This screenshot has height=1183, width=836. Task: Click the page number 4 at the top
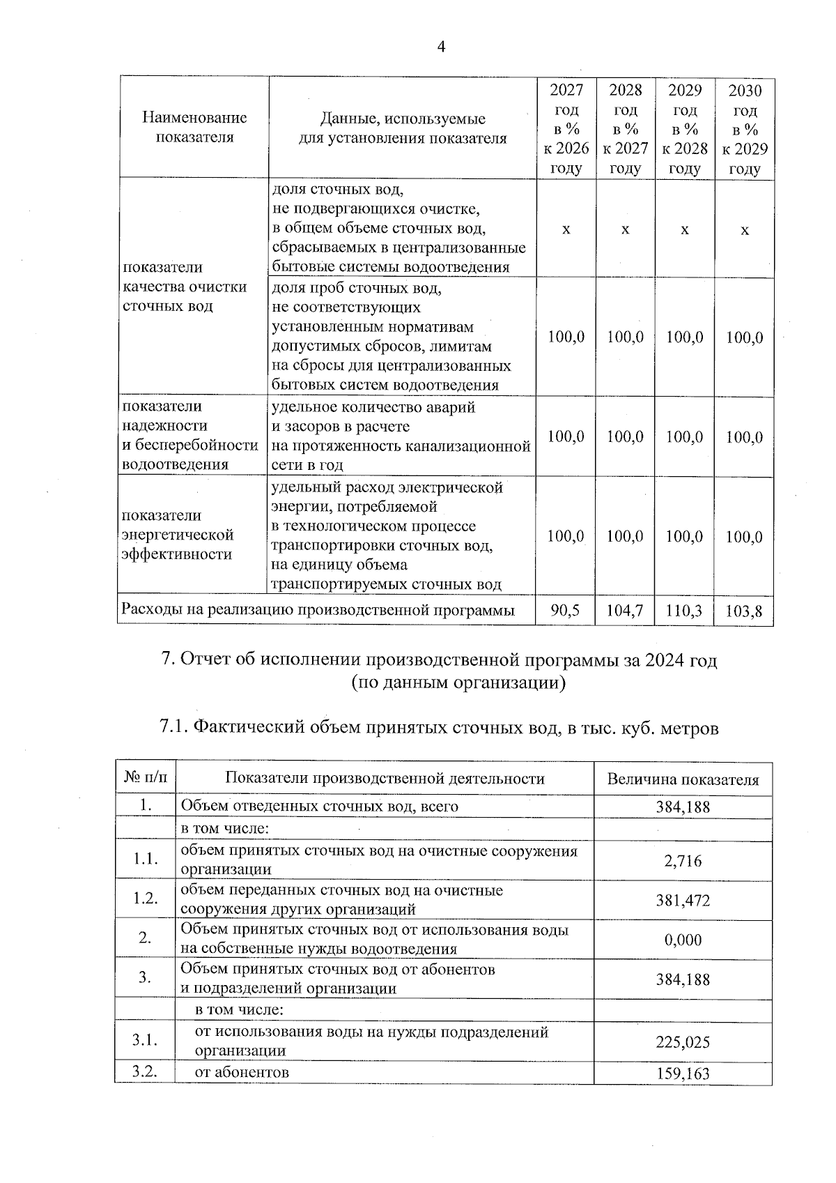click(x=440, y=47)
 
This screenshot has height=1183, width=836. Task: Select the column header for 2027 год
click(x=566, y=129)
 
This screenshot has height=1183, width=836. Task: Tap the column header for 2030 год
click(x=744, y=129)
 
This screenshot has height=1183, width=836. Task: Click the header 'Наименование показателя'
click(x=194, y=128)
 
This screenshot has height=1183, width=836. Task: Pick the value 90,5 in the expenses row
click(x=565, y=611)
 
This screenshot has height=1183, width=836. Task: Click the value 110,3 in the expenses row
click(x=684, y=611)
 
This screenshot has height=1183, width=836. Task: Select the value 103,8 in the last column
click(x=744, y=612)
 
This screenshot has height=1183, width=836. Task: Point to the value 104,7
click(x=625, y=611)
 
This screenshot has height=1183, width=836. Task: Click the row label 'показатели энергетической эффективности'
click(x=178, y=535)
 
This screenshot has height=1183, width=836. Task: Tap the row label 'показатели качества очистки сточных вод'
click(x=185, y=287)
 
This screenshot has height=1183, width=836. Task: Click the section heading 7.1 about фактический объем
click(x=439, y=728)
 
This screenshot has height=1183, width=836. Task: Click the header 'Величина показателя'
click(x=683, y=779)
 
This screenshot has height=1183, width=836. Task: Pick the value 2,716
click(x=683, y=861)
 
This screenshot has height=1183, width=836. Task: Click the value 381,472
click(x=683, y=901)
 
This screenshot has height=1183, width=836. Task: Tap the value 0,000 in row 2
click(x=683, y=940)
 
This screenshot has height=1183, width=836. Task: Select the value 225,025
click(x=683, y=1042)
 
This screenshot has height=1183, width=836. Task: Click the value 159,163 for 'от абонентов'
click(x=683, y=1074)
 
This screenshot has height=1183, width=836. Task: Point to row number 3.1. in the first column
click(x=145, y=1041)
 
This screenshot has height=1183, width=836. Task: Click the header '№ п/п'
click(x=145, y=778)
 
